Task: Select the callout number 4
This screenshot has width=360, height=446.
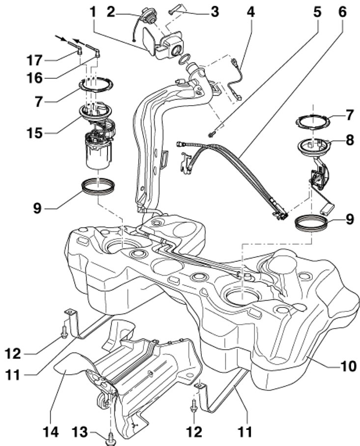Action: tap(250, 11)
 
